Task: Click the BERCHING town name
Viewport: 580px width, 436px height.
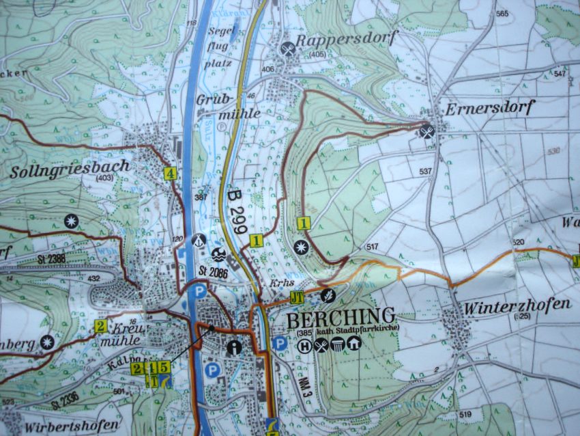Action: click(340, 317)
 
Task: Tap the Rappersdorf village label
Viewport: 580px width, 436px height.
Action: click(346, 39)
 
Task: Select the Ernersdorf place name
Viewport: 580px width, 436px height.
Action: click(489, 109)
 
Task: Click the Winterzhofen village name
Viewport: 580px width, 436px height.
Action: click(517, 305)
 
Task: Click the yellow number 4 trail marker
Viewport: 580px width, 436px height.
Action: click(170, 173)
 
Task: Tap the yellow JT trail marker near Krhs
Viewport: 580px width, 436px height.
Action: click(295, 297)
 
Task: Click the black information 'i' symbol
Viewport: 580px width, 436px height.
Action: click(235, 347)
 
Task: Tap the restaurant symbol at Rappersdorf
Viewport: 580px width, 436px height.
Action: click(288, 49)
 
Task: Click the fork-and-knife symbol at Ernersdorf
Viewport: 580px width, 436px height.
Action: click(427, 131)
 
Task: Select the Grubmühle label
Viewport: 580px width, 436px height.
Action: click(219, 106)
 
